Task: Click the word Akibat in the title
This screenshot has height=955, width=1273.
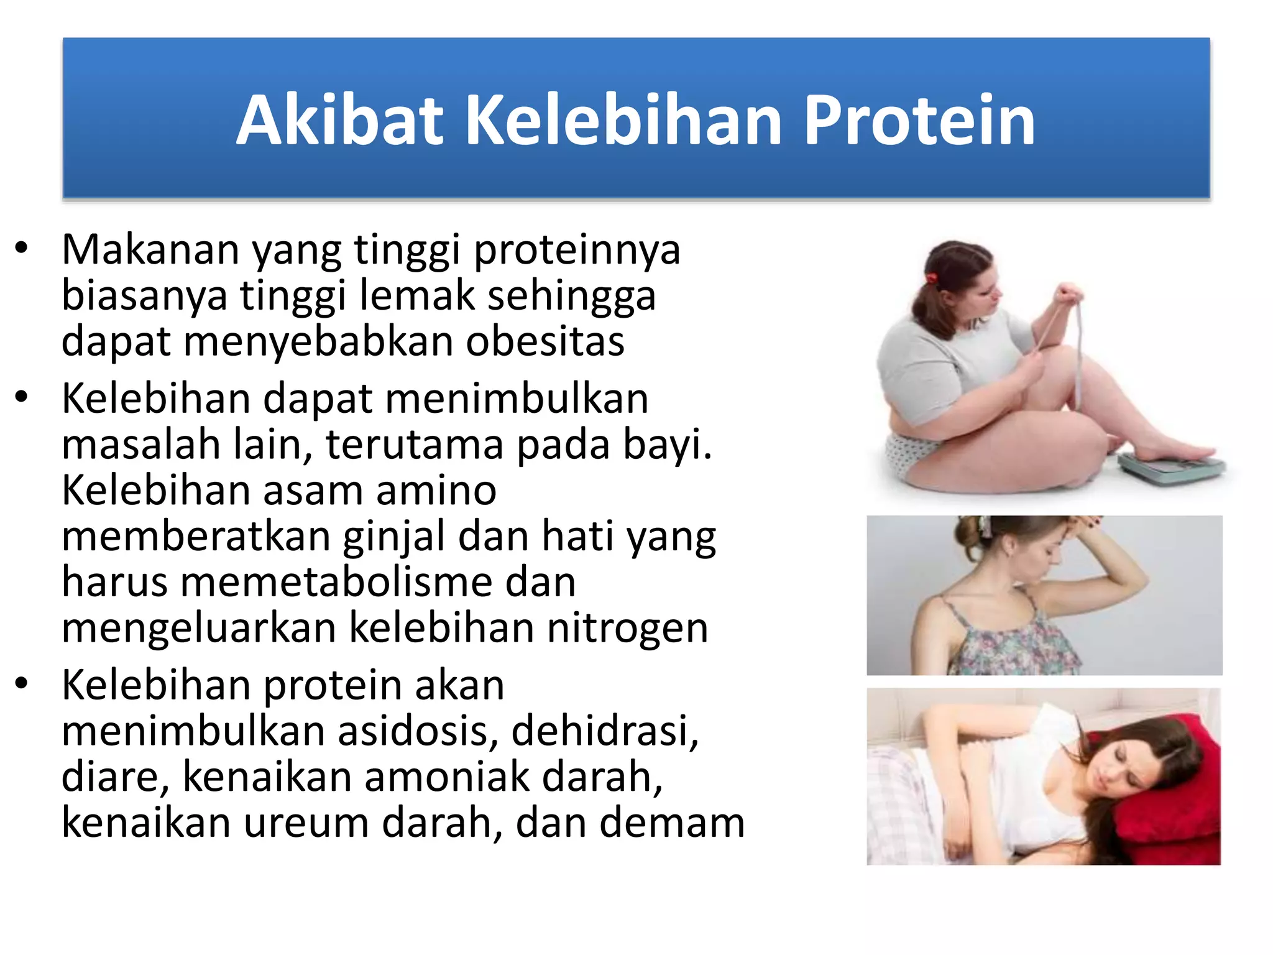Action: click(340, 121)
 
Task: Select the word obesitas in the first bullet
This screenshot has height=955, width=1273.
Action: click(545, 342)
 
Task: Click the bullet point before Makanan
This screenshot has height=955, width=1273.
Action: click(22, 249)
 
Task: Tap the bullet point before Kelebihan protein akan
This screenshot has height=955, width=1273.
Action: click(22, 684)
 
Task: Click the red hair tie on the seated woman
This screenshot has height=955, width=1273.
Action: click(931, 277)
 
